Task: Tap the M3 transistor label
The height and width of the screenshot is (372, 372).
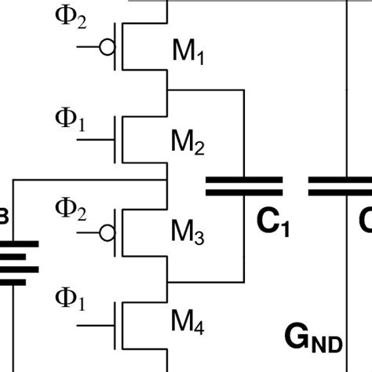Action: pyautogui.click(x=188, y=232)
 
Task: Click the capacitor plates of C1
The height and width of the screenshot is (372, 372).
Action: pyautogui.click(x=244, y=185)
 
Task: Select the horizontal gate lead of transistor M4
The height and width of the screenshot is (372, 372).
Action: pyautogui.click(x=94, y=323)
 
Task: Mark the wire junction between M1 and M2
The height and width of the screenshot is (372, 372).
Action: pyautogui.click(x=167, y=89)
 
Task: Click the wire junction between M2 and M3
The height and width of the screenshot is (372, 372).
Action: pyautogui.click(x=167, y=180)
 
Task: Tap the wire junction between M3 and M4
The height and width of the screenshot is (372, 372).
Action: pyautogui.click(x=167, y=281)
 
